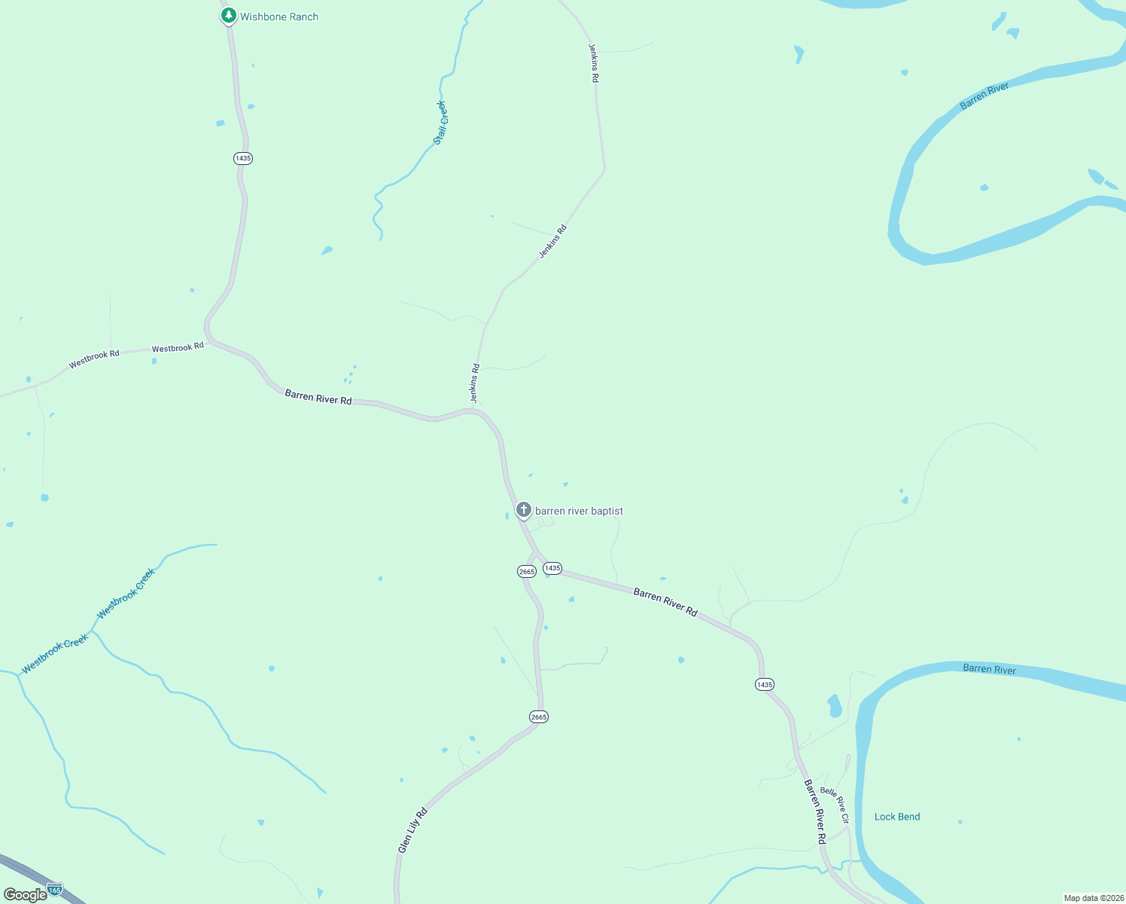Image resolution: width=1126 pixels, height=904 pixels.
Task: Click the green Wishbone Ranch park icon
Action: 229,16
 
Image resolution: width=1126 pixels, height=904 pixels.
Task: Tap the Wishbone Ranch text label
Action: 279,17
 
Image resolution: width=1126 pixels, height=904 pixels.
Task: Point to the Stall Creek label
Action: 440,123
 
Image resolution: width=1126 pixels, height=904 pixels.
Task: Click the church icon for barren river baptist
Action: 524,510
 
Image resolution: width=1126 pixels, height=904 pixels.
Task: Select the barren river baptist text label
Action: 579,511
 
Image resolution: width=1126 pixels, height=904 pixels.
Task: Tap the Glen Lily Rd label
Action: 412,830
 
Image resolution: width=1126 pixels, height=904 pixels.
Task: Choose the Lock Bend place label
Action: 897,817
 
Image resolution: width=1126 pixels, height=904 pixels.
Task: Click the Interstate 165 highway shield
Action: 54,890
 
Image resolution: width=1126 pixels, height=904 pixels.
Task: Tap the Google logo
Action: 25,895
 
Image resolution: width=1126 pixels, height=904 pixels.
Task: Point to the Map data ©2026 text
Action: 1093,898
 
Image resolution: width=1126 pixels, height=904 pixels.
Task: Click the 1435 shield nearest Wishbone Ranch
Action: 242,158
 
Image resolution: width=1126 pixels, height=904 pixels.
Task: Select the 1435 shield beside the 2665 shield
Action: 552,568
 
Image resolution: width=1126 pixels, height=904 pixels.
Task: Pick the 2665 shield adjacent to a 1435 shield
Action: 527,572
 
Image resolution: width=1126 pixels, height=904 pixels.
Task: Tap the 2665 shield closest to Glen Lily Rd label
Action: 539,717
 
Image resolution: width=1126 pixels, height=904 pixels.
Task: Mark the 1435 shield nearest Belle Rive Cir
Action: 764,684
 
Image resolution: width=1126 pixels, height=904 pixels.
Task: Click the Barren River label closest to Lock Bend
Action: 989,669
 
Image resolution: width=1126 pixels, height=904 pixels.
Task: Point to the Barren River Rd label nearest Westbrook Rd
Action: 318,397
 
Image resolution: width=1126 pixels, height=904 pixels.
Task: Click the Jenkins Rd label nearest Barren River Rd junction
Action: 475,383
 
